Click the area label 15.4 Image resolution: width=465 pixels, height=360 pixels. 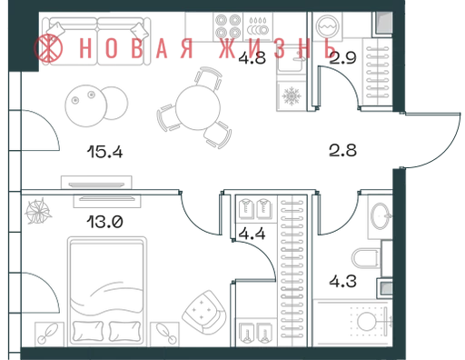pyautogui.click(x=104, y=152)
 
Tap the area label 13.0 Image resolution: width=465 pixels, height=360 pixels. pyautogui.click(x=104, y=222)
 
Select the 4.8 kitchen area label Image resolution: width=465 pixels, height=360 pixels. pyautogui.click(x=252, y=58)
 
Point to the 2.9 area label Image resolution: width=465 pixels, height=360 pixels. pyautogui.click(x=342, y=58)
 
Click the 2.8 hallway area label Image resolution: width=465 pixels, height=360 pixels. pyautogui.click(x=342, y=150)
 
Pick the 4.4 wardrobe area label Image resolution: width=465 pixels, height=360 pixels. pyautogui.click(x=252, y=234)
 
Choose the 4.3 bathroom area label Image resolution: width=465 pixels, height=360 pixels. pyautogui.click(x=342, y=281)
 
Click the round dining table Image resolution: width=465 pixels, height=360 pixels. pyautogui.click(x=198, y=107)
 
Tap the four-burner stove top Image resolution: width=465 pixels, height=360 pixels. pyautogui.click(x=228, y=26)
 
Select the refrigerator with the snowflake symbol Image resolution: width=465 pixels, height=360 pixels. pyautogui.click(x=292, y=96)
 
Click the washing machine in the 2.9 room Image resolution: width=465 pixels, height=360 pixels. pyautogui.click(x=327, y=26)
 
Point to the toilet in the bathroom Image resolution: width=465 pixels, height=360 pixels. pyautogui.click(x=366, y=258)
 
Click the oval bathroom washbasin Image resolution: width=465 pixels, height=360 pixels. pyautogui.click(x=381, y=216)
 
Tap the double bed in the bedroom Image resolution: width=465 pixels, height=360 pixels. pyautogui.click(x=107, y=292)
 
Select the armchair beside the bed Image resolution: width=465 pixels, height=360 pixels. pyautogui.click(x=203, y=312)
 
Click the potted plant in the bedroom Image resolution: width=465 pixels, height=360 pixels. pyautogui.click(x=37, y=211)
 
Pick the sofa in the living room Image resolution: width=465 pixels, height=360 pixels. pyautogui.click(x=96, y=41)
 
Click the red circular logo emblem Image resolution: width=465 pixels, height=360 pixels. pyautogui.click(x=48, y=48)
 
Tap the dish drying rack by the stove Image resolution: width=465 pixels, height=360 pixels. pyautogui.click(x=258, y=26)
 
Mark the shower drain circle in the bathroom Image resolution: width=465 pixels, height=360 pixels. pyautogui.click(x=366, y=321)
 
